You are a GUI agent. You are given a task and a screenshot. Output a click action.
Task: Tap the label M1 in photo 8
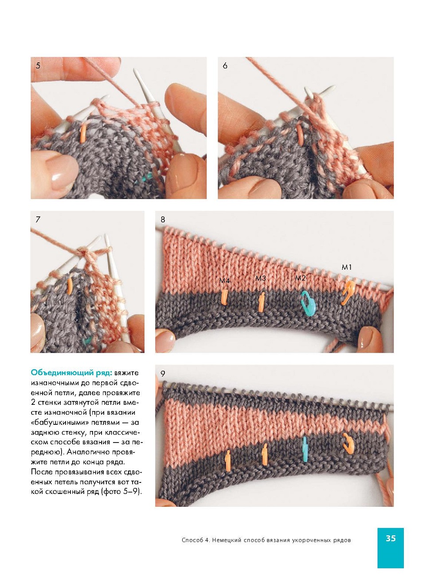coord(347,267)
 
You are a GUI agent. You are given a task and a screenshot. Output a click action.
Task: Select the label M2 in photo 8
coord(300,278)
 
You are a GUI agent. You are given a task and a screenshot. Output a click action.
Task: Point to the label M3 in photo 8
coord(261,278)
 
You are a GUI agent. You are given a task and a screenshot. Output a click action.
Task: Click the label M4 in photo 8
coord(225,281)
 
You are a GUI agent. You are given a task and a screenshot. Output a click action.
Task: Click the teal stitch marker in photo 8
coord(308,303)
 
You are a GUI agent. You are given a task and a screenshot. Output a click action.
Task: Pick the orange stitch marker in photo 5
coord(83,134)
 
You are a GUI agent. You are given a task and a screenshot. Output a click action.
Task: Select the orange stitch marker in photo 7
coord(70,286)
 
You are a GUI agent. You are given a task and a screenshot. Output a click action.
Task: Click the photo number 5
coord(38,66)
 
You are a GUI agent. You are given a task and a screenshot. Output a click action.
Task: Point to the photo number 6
coord(225,66)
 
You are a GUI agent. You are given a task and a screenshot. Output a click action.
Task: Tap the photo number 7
coord(38,219)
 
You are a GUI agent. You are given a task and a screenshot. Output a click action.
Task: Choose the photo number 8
coord(163,219)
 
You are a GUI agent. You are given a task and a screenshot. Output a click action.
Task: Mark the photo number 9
coord(163,373)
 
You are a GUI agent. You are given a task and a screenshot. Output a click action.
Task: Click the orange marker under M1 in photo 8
coord(348,293)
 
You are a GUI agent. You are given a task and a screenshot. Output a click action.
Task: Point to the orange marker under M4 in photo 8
coord(224,297)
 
